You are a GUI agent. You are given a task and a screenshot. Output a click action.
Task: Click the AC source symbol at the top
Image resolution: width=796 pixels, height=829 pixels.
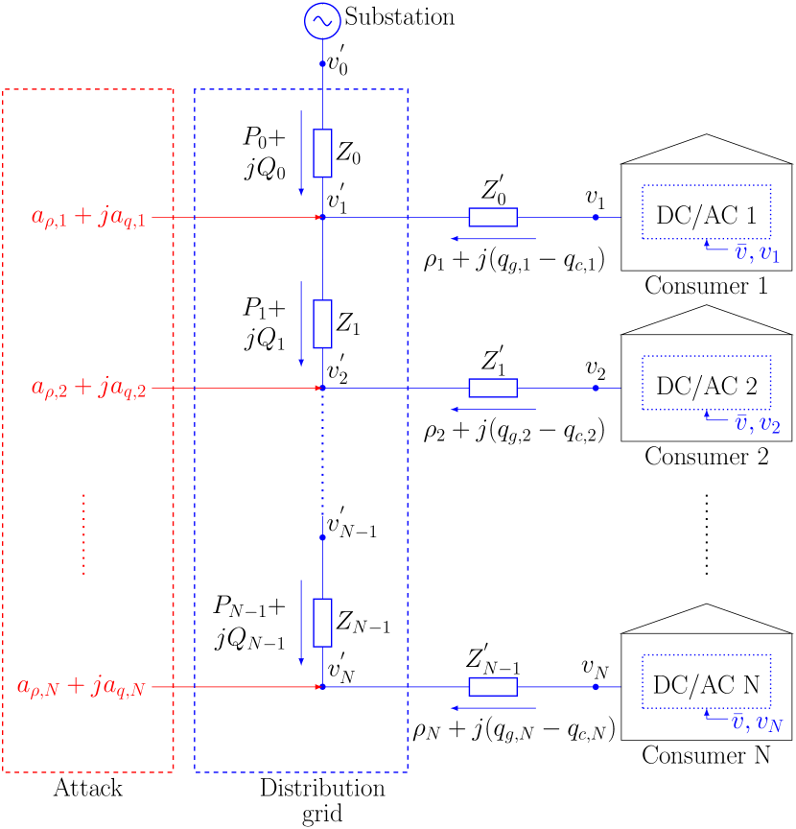pyautogui.click(x=322, y=21)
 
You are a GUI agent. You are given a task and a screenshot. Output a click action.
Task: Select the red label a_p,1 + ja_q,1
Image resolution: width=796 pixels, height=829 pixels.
pyautogui.click(x=89, y=218)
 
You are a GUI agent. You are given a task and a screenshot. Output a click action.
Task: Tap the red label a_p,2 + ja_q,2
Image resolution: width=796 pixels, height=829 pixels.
pyautogui.click(x=89, y=389)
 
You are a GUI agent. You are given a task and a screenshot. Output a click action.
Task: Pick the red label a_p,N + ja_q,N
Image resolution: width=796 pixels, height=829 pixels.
pyautogui.click(x=82, y=687)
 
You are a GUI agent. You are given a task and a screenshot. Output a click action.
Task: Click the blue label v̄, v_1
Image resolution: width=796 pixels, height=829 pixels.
pyautogui.click(x=757, y=254)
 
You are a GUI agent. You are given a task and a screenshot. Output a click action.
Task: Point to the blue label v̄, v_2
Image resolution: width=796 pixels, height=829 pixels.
pyautogui.click(x=757, y=424)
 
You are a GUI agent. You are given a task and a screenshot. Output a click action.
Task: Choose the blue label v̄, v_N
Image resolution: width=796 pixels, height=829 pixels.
pyautogui.click(x=757, y=722)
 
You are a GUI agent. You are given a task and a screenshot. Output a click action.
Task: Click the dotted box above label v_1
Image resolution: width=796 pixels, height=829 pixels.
pyautogui.click(x=707, y=212)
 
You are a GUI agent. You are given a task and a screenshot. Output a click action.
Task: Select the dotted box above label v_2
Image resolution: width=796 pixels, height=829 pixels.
pyautogui.click(x=707, y=383)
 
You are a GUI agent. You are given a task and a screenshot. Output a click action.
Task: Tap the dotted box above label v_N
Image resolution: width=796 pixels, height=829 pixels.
pyautogui.click(x=707, y=681)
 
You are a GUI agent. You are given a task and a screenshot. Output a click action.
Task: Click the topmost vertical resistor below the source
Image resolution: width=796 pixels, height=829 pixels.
pyautogui.click(x=322, y=154)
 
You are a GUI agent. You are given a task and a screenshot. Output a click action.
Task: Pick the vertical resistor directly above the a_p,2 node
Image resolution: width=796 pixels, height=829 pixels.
pyautogui.click(x=322, y=323)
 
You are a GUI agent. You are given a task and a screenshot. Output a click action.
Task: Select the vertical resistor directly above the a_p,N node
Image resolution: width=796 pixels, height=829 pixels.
pyautogui.click(x=322, y=623)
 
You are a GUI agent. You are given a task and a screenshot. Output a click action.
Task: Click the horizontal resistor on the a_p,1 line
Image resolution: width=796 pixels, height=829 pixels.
pyautogui.click(x=493, y=218)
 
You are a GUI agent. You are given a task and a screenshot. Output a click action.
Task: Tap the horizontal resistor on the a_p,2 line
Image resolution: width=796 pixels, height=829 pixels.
pyautogui.click(x=493, y=389)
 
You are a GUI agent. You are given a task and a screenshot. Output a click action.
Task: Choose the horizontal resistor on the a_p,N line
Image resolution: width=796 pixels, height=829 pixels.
pyautogui.click(x=493, y=687)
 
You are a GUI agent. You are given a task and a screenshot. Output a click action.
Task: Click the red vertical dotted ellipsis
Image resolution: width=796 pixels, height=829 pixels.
pyautogui.click(x=84, y=534)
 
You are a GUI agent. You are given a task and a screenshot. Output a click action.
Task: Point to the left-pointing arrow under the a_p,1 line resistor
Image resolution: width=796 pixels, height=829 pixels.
pyautogui.click(x=493, y=238)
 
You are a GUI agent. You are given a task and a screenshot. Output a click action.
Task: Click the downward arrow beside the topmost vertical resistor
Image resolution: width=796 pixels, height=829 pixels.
pyautogui.click(x=301, y=154)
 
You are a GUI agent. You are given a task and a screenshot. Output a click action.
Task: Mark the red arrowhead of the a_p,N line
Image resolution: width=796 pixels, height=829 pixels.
pyautogui.click(x=318, y=687)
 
